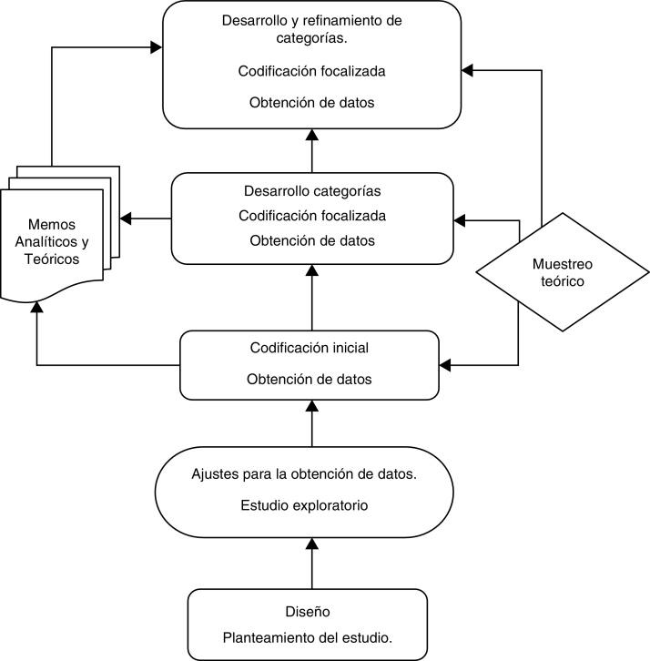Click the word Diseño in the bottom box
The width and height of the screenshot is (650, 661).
[308, 613]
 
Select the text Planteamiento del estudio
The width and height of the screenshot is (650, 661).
[308, 638]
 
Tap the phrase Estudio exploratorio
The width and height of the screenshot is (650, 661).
[304, 505]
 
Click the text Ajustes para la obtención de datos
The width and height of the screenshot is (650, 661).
[304, 474]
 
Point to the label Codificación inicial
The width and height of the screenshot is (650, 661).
[309, 348]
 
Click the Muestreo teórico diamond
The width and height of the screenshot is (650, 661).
[562, 272]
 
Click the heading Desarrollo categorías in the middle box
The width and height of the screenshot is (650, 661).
[312, 191]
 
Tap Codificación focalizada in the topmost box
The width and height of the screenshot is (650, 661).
[312, 71]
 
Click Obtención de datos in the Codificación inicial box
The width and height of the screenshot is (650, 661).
[309, 379]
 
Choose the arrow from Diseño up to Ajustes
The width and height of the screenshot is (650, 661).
[312, 564]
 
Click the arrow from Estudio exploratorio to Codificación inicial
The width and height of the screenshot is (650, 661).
[312, 423]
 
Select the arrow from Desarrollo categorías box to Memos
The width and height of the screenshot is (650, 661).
[146, 219]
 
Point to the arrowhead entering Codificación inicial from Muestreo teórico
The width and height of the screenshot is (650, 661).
[447, 365]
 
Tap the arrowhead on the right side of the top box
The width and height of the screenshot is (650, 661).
[468, 70]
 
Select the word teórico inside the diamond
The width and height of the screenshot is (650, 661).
[562, 281]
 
